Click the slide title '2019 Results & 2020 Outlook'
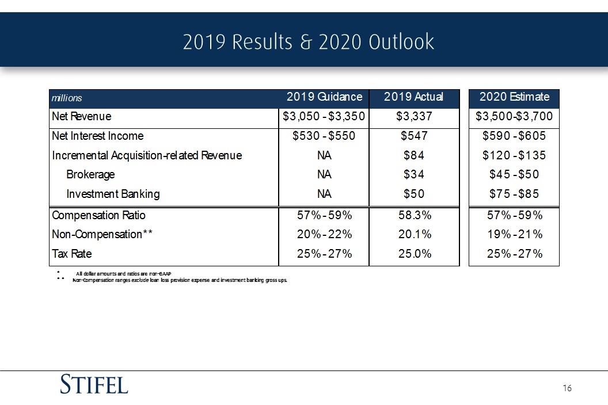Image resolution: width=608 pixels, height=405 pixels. [x=308, y=41]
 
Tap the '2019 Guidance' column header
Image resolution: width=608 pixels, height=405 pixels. [x=324, y=97]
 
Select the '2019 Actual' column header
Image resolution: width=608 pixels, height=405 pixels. [x=413, y=97]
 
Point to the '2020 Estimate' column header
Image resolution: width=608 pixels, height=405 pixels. [x=514, y=97]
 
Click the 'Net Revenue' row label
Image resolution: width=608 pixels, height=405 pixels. [x=81, y=116]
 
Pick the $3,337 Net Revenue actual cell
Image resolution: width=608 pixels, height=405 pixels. [x=414, y=116]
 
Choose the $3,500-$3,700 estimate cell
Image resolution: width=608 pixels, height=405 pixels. [x=514, y=116]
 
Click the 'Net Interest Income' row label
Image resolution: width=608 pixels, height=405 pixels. [x=98, y=136]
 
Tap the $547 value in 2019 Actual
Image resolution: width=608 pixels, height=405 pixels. [x=414, y=136]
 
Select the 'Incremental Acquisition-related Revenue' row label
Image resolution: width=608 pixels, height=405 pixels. [x=147, y=155]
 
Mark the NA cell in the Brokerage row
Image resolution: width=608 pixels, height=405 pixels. [x=324, y=174]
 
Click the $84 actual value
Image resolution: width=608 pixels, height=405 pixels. [x=414, y=155]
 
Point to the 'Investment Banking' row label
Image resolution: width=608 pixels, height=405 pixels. [x=113, y=194]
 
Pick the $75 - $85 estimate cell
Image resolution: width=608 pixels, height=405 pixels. [x=514, y=194]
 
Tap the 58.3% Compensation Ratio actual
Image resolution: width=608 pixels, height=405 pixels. [x=415, y=215]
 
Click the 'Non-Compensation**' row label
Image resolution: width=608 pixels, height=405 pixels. [x=102, y=234]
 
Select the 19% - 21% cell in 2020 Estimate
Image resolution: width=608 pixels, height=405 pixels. [x=515, y=234]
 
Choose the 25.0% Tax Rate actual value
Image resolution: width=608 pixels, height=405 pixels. [x=415, y=254]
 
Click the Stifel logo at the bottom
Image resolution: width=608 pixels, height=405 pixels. [x=94, y=384]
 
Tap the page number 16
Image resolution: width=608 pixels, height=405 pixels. [x=567, y=388]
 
